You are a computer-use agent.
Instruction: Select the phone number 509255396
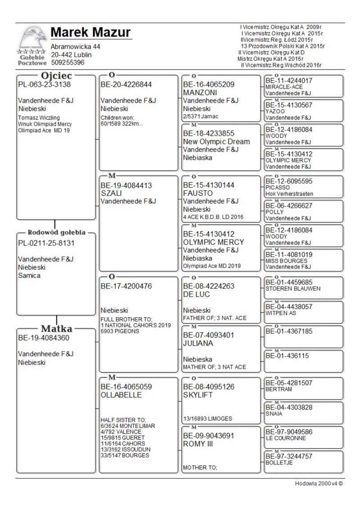[67, 63]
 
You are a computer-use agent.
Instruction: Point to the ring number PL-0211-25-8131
[46, 243]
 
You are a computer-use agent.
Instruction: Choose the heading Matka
[57, 329]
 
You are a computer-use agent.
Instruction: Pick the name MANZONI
[201, 93]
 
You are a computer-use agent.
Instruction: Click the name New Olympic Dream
[216, 141]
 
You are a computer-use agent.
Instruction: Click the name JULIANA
[199, 343]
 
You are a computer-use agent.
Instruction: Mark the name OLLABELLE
[121, 395]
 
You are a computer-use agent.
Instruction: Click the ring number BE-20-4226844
[126, 85]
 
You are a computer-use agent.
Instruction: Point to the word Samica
[29, 275]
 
